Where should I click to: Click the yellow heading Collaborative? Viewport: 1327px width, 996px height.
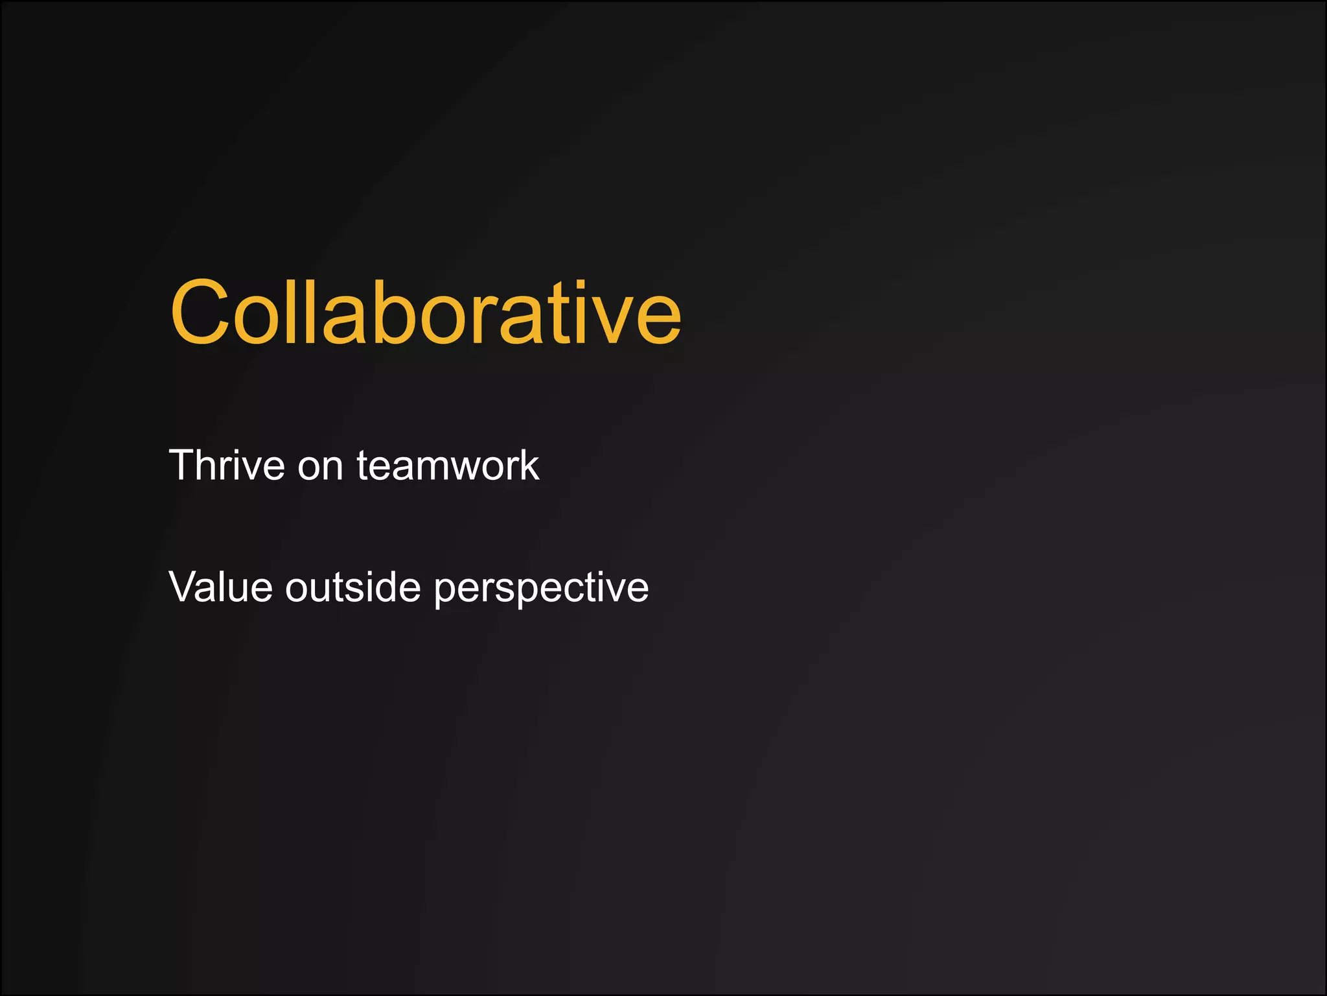(x=425, y=313)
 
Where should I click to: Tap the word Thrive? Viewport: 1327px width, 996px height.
(x=226, y=465)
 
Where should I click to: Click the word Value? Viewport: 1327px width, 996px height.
(x=220, y=587)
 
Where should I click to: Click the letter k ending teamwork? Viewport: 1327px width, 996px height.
(x=529, y=465)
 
